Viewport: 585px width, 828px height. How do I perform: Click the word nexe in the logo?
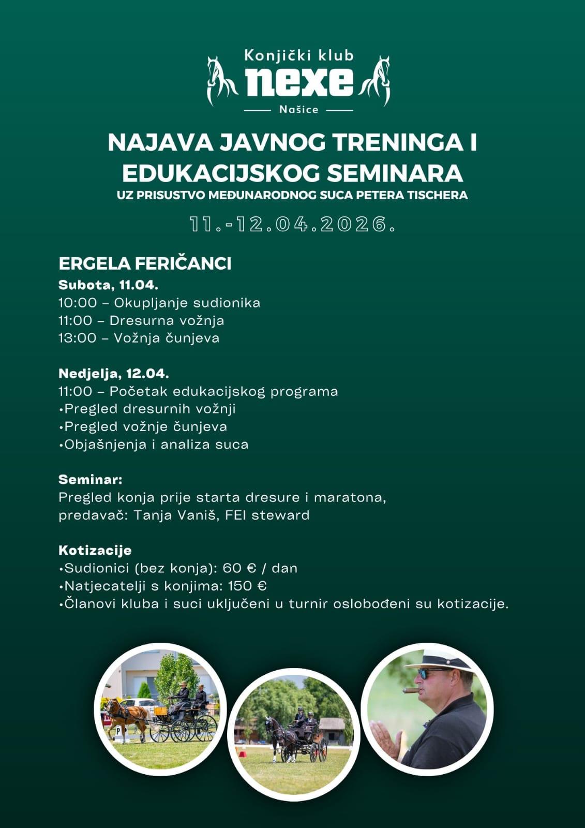(x=299, y=82)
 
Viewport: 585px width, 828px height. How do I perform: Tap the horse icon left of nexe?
(x=221, y=80)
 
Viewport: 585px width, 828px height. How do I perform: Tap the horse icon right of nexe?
(x=377, y=80)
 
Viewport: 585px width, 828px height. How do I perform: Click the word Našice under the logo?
(x=298, y=110)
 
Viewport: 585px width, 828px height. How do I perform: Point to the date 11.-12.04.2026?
(x=293, y=225)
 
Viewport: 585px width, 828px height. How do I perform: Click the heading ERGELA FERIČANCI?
(x=145, y=263)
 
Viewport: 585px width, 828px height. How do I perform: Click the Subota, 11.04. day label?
(x=108, y=285)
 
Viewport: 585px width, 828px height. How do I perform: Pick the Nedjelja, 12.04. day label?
(x=114, y=373)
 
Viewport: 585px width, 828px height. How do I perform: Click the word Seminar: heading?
(x=91, y=479)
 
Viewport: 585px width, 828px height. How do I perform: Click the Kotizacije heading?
(x=95, y=550)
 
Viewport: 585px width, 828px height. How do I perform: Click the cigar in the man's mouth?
(x=412, y=690)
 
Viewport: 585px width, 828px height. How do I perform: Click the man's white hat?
(x=440, y=660)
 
